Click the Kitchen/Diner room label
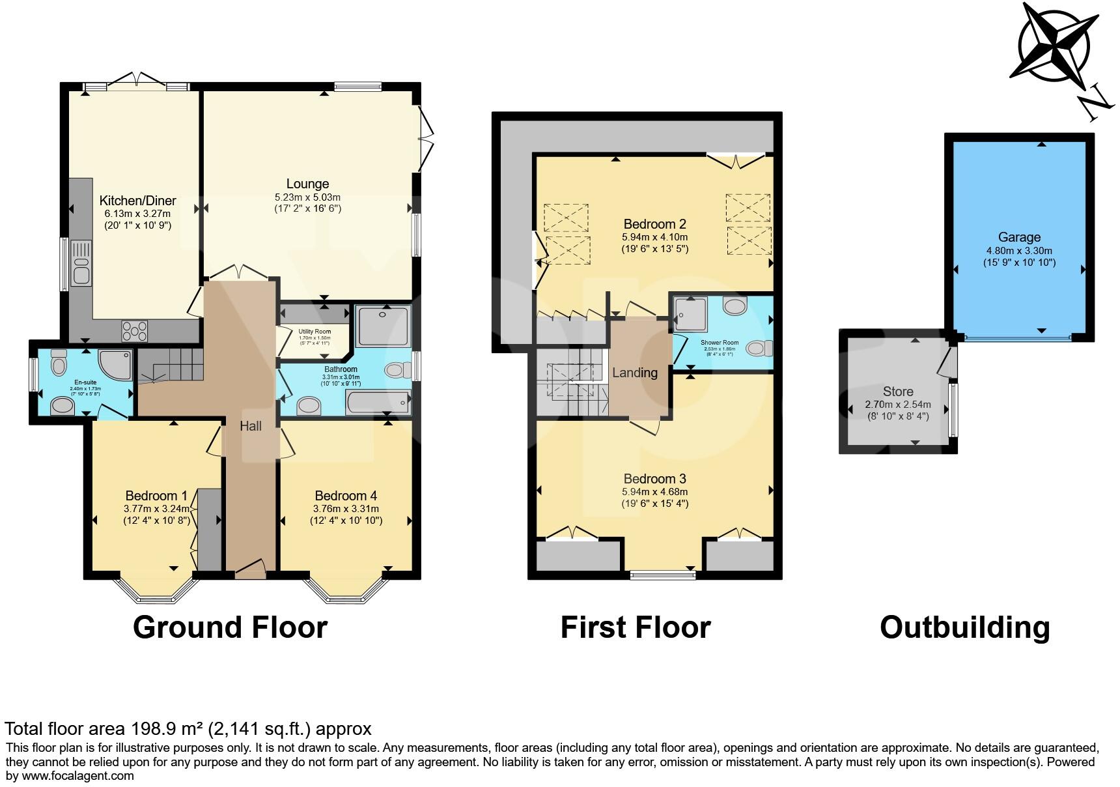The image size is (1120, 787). pyautogui.click(x=137, y=201)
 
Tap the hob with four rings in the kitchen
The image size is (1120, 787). pyautogui.click(x=135, y=330)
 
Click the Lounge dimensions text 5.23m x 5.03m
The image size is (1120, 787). pyautogui.click(x=307, y=197)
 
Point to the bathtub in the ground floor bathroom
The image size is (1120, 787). pyautogui.click(x=378, y=403)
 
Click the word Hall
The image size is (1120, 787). pyautogui.click(x=251, y=425)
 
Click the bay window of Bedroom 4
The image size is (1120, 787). pyautogui.click(x=345, y=589)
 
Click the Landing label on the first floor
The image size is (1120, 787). pyautogui.click(x=635, y=373)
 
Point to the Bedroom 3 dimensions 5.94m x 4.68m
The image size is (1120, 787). pyautogui.click(x=655, y=492)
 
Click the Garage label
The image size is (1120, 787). pyautogui.click(x=1019, y=237)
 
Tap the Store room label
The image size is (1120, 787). pyautogui.click(x=898, y=392)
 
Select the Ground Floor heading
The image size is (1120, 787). pyautogui.click(x=230, y=627)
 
